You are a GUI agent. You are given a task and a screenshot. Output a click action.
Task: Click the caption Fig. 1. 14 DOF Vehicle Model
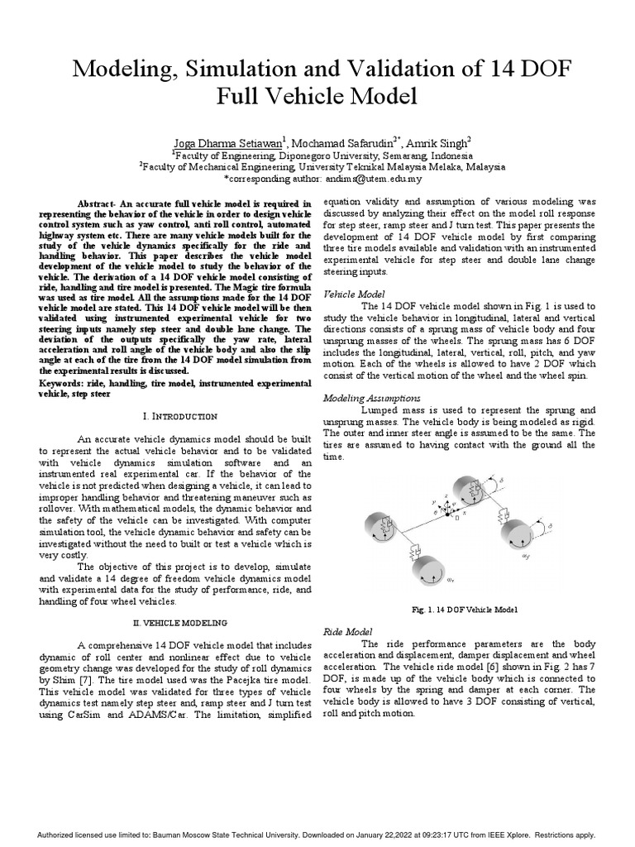pyautogui.click(x=464, y=610)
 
